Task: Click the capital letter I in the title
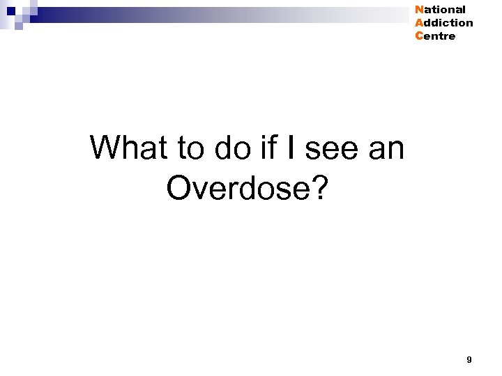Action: coord(291,148)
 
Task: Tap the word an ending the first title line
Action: coord(386,148)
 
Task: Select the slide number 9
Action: coord(469,360)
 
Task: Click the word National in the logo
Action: coord(440,10)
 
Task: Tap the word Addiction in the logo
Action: coord(443,23)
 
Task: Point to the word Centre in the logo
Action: coord(435,36)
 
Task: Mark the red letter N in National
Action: coord(418,10)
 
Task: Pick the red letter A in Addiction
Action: coord(418,23)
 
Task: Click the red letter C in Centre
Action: coord(418,36)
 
